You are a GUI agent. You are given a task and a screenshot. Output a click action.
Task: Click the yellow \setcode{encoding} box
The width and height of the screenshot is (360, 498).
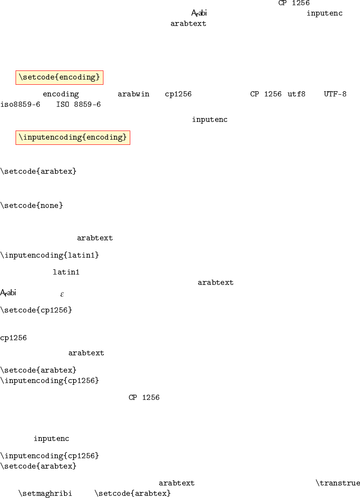click(x=59, y=77)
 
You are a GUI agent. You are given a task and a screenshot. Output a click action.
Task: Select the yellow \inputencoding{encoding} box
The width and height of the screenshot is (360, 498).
click(x=73, y=137)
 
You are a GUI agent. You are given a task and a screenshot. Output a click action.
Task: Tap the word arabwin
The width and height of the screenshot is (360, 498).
click(x=133, y=94)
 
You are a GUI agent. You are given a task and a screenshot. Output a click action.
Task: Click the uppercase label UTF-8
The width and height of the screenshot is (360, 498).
click(x=335, y=94)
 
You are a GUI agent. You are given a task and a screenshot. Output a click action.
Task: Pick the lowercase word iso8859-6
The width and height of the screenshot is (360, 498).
click(x=20, y=105)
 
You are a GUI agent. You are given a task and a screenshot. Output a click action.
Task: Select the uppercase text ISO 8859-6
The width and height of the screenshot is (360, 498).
click(x=78, y=105)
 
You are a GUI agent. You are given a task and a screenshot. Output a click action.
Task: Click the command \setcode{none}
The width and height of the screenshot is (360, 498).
click(x=32, y=205)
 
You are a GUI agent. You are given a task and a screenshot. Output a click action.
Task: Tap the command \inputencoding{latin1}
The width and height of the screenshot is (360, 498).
click(x=50, y=255)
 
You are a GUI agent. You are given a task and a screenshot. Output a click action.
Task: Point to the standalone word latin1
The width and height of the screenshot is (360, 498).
click(x=66, y=272)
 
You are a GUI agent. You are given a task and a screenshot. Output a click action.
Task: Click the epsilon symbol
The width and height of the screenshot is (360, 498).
click(x=62, y=294)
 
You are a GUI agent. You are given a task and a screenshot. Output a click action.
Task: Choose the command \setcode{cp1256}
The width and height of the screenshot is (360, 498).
click(x=36, y=310)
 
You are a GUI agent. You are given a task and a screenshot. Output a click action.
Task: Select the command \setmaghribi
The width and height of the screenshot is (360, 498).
click(x=45, y=493)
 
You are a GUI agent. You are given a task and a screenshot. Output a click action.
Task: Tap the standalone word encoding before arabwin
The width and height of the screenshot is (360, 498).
click(x=61, y=94)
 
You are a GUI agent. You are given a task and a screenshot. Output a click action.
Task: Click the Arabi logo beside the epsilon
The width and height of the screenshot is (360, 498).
click(x=8, y=293)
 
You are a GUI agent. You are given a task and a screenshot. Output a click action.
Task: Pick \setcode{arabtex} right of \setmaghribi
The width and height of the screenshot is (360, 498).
click(x=132, y=493)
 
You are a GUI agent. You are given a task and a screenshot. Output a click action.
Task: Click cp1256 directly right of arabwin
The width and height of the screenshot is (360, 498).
click(x=178, y=94)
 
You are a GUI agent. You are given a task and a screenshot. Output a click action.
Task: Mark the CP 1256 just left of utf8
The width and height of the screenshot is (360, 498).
click(x=266, y=94)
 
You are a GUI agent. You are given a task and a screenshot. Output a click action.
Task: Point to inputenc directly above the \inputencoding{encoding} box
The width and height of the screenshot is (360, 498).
click(x=210, y=119)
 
